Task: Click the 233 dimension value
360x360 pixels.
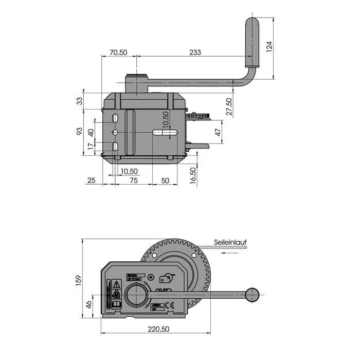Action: [x=195, y=52]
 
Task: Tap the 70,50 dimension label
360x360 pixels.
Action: [x=118, y=52]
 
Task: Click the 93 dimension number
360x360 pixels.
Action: [x=79, y=131]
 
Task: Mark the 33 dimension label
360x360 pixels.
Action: [x=79, y=101]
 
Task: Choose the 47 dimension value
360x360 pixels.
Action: [x=218, y=132]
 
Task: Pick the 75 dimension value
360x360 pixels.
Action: [x=133, y=180]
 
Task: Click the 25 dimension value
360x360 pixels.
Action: [x=92, y=180]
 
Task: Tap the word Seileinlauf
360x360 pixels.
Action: [x=229, y=241]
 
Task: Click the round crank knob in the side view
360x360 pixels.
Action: [x=252, y=295]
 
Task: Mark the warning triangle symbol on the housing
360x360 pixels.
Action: [x=116, y=284]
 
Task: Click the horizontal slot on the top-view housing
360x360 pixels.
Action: [x=165, y=132]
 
